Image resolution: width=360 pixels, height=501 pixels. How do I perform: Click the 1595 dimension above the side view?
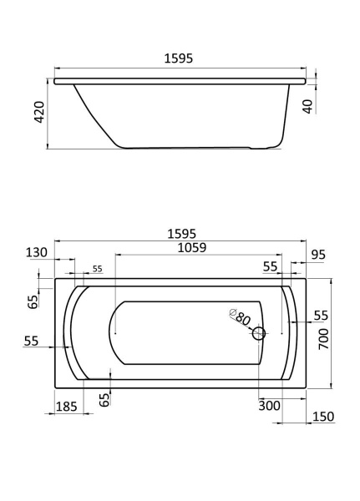(179, 58)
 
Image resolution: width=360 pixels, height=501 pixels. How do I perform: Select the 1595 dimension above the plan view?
(181, 234)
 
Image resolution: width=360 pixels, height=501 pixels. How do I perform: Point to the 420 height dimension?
(39, 112)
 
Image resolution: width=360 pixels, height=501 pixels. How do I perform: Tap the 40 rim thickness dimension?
(307, 106)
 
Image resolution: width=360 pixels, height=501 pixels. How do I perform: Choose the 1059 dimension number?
(192, 247)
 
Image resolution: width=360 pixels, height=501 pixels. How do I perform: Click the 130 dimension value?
(37, 252)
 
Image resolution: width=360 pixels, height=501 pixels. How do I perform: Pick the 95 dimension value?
(318, 255)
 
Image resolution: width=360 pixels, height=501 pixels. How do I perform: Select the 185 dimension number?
(67, 407)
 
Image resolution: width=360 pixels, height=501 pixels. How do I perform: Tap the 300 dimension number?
(269, 406)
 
